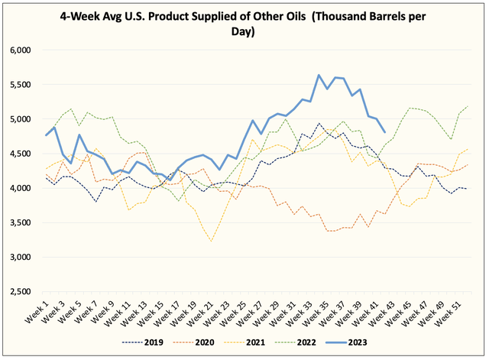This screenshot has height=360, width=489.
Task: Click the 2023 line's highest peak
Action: (319, 75)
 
